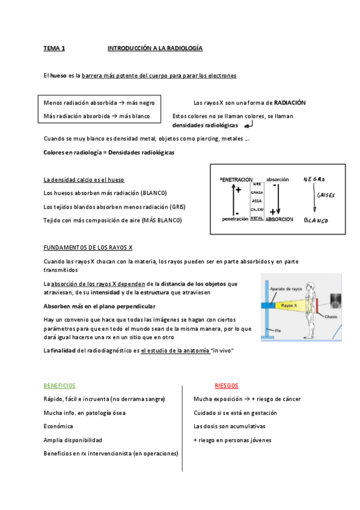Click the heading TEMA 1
pos(54,48)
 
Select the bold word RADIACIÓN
pos(290,103)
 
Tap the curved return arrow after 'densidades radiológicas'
pos(249,124)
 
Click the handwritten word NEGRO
pos(314,179)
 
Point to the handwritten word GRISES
pos(325,195)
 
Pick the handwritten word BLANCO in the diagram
pos(316,221)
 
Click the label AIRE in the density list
pos(257,184)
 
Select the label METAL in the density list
pos(257,218)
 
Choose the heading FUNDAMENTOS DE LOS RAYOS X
pos(88,247)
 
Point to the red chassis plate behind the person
pos(323,306)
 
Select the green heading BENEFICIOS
pos(59,386)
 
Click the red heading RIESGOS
pos(227,386)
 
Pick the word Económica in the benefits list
pos(58,426)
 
